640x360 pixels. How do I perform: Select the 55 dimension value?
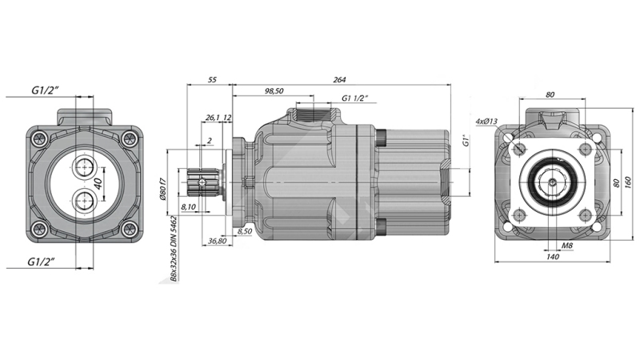tap(211, 78)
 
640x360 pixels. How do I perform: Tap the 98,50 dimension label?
tap(273, 92)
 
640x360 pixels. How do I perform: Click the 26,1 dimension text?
tap(213, 118)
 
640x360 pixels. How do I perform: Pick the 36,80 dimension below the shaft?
tap(216, 241)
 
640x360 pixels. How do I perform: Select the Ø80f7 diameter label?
tap(165, 189)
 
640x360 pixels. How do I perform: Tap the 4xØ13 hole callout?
tap(486, 122)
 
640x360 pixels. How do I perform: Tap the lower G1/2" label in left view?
tap(44, 262)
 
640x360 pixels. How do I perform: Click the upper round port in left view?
tap(83, 166)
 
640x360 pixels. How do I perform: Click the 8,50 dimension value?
tap(245, 231)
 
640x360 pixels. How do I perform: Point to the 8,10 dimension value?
tap(190, 207)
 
